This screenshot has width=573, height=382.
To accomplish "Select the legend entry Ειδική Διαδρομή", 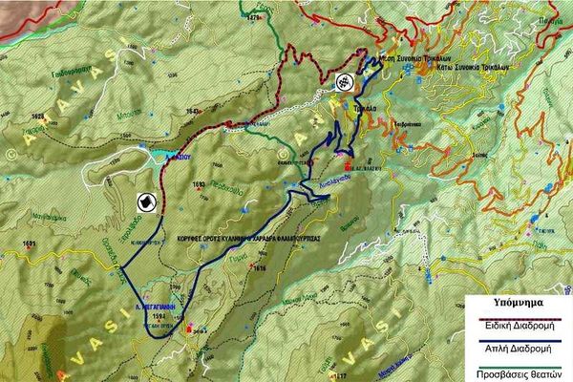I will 520,322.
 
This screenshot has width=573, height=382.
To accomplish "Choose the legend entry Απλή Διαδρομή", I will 520,349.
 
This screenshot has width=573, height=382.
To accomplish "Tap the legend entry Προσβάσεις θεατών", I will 520,373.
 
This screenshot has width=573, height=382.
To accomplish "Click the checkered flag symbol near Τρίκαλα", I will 342,83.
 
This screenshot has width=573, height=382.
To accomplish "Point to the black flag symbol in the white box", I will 145,202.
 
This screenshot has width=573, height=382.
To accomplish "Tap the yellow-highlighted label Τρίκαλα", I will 365,110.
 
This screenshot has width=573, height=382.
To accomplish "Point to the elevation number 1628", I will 39,117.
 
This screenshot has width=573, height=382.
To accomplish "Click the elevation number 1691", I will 29,245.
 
